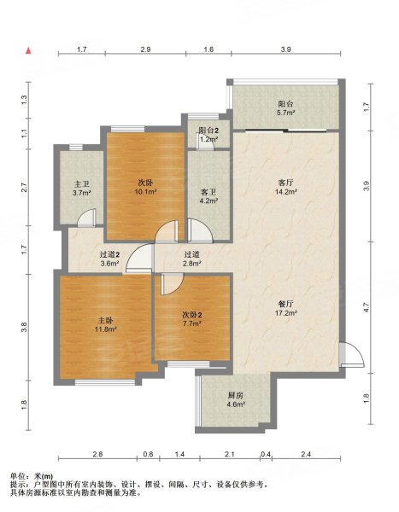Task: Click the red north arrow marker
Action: pyautogui.click(x=29, y=50)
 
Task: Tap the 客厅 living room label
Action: pyautogui.click(x=285, y=183)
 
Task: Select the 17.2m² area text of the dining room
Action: pyautogui.click(x=286, y=313)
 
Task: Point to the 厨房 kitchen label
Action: pyautogui.click(x=236, y=395)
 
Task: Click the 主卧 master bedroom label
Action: pyautogui.click(x=106, y=320)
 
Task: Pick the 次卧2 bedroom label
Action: pyautogui.click(x=191, y=315)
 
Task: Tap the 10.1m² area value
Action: pyautogui.click(x=145, y=192)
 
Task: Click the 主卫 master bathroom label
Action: pyautogui.click(x=82, y=184)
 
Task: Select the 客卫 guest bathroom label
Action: pyautogui.click(x=209, y=192)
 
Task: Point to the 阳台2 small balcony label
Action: pyautogui.click(x=209, y=131)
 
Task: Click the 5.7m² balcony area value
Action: pyautogui.click(x=287, y=113)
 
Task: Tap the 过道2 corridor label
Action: pyautogui.click(x=109, y=254)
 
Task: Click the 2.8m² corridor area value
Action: pyautogui.click(x=192, y=263)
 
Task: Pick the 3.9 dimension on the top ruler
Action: pyautogui.click(x=286, y=49)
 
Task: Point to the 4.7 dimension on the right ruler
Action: pyautogui.click(x=367, y=307)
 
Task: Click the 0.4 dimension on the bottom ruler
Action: pyautogui.click(x=266, y=454)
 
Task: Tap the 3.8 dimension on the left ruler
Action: pyautogui.click(x=24, y=327)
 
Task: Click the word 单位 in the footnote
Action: pyautogui.click(x=17, y=476)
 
